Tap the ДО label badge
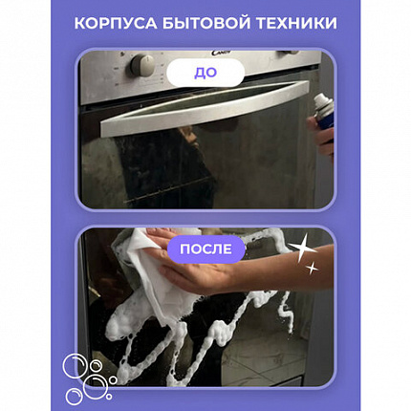coord(205,73)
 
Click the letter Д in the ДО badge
coord(199,73)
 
